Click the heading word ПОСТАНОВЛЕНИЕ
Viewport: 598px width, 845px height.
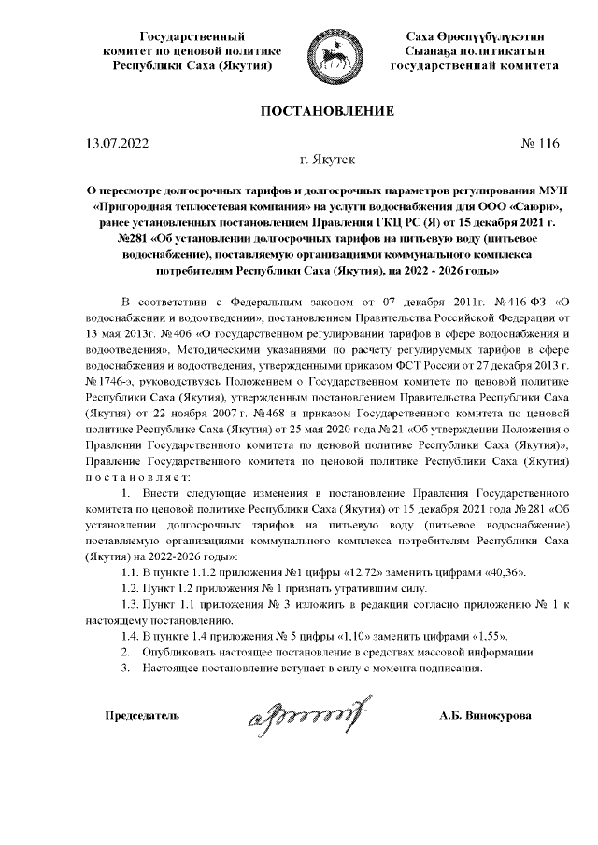click(326, 112)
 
